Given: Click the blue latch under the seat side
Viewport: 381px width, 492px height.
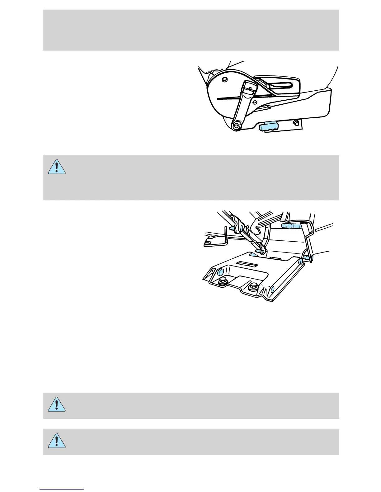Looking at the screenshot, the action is click(267, 126).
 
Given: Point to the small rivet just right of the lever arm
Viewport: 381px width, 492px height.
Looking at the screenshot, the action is click(254, 102).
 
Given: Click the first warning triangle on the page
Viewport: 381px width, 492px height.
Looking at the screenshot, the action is click(57, 167).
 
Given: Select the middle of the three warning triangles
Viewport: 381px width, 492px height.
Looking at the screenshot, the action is click(57, 404).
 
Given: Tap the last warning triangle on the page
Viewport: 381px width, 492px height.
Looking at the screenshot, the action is click(57, 440).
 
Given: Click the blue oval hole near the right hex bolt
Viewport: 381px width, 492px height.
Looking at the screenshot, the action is click(273, 289).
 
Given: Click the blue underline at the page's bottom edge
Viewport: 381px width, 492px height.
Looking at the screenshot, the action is click(62, 489).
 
